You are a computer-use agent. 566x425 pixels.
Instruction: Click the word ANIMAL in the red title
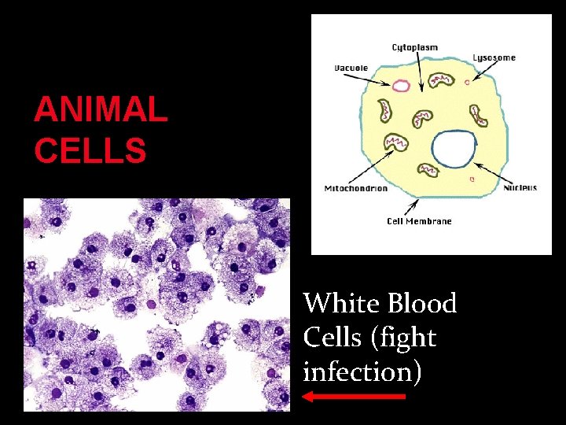pos(101,111)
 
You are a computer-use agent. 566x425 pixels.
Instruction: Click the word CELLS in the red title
pos(90,150)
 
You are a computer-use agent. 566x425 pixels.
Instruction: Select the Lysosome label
pos(494,57)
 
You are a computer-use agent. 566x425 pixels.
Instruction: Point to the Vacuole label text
pos(351,68)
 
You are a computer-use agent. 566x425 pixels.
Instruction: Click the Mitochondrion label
pos(356,188)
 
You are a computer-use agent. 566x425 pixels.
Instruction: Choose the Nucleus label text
pos(520,187)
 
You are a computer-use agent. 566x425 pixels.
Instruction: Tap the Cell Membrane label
pos(419,221)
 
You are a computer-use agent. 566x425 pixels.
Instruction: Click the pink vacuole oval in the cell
pos(402,86)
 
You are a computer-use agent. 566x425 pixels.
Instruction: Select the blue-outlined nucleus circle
pos(454,150)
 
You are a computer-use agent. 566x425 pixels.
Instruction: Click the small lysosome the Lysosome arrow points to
pos(466,81)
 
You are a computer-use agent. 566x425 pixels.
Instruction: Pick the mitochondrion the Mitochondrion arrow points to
pos(394,142)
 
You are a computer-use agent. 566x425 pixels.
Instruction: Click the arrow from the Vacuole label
pos(379,76)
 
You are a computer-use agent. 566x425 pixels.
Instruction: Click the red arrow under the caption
pos(354,397)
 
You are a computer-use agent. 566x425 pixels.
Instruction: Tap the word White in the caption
pos(335,303)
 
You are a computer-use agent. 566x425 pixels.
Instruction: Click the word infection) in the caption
pos(362,371)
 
